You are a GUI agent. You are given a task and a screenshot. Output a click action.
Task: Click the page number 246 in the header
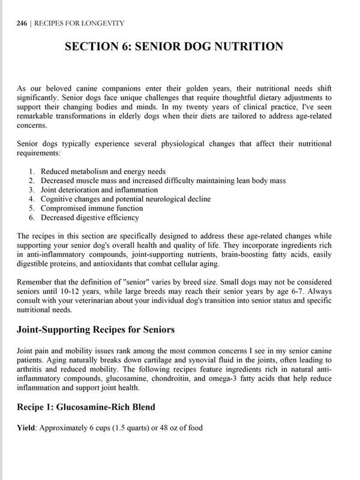[22, 23]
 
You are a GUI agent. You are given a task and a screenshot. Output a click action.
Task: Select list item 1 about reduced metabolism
[103, 172]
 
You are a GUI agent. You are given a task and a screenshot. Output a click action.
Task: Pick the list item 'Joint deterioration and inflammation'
[99, 190]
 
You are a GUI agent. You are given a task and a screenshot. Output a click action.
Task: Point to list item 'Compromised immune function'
[92, 208]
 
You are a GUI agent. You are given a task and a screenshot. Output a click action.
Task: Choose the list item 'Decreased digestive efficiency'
[90, 217]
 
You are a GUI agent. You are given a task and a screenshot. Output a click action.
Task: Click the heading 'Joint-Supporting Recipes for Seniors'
[95, 330]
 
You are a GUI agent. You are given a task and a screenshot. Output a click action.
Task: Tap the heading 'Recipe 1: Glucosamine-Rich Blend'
[86, 407]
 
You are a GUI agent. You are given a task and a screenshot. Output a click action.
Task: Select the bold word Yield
[26, 427]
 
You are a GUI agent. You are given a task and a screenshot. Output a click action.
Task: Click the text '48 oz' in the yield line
[160, 427]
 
